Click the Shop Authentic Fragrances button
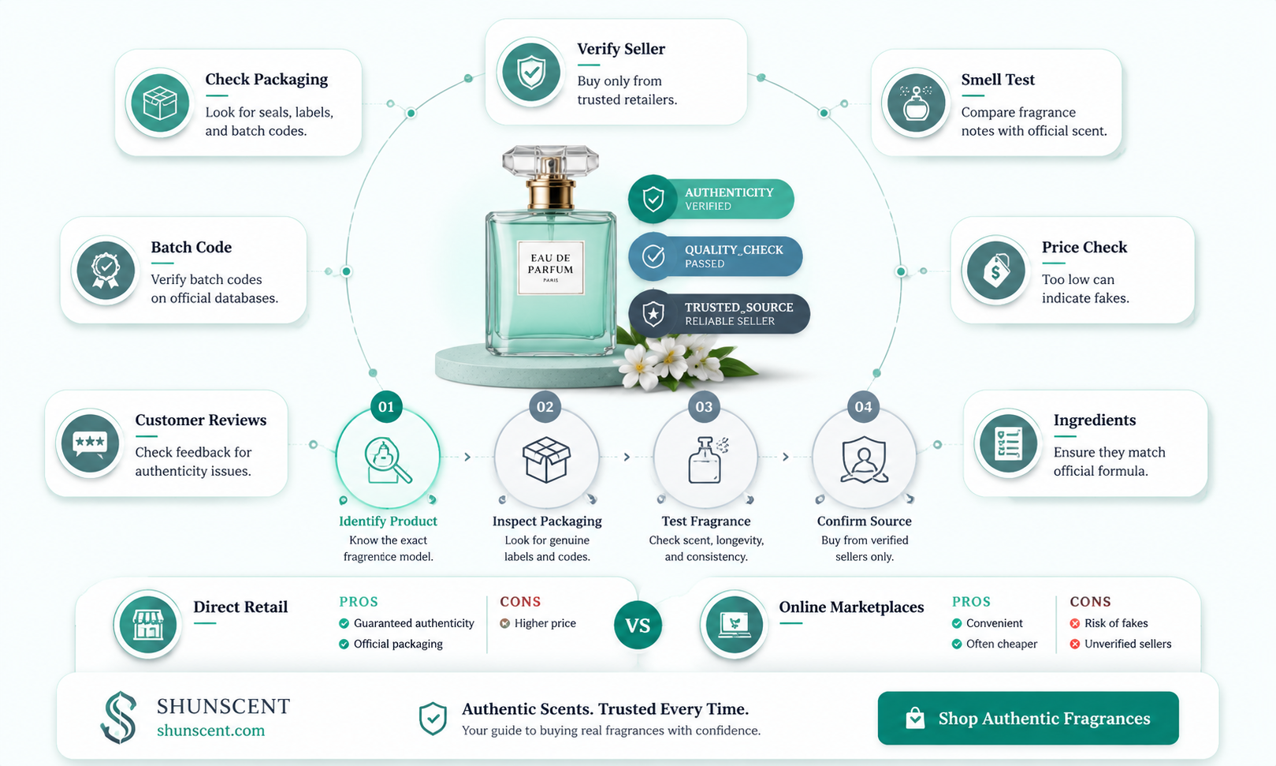(x=1028, y=718)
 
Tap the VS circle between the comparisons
(x=638, y=625)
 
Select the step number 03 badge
(x=704, y=407)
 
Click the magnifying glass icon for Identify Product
(x=387, y=460)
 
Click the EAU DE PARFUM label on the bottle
(x=550, y=267)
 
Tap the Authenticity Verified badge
(x=711, y=199)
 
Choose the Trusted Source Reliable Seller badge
(x=719, y=314)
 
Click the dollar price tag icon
(x=995, y=270)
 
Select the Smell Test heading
(x=998, y=79)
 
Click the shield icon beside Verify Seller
(x=531, y=73)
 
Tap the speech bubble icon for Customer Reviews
(x=89, y=443)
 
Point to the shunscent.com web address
(x=210, y=730)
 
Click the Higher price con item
(x=538, y=623)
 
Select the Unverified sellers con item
(x=1121, y=644)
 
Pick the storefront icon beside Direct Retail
(x=148, y=625)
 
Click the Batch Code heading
(x=192, y=247)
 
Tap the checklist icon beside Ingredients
(x=1008, y=443)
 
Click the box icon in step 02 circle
(x=546, y=460)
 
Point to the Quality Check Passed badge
(x=716, y=256)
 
